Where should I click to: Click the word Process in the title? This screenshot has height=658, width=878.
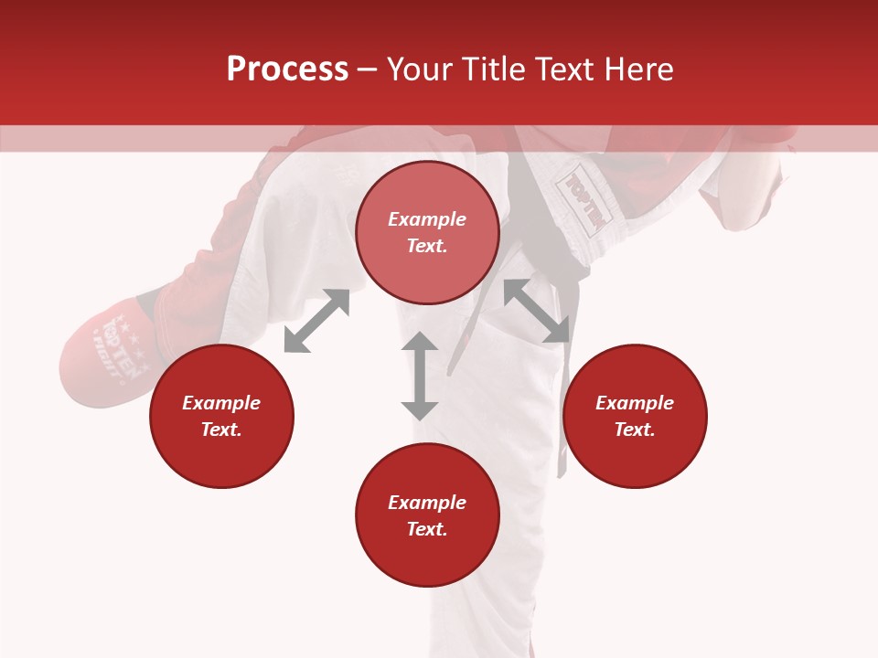[x=287, y=69]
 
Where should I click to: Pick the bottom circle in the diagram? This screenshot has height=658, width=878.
[x=427, y=557]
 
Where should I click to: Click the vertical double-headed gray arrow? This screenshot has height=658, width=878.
[x=420, y=376]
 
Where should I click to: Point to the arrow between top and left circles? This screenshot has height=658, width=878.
[x=316, y=321]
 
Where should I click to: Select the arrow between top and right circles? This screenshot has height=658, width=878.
[x=537, y=311]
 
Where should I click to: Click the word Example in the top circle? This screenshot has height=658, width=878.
[x=427, y=219]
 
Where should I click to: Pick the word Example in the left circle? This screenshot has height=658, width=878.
[x=221, y=403]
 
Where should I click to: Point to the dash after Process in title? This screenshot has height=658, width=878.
[x=367, y=70]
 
